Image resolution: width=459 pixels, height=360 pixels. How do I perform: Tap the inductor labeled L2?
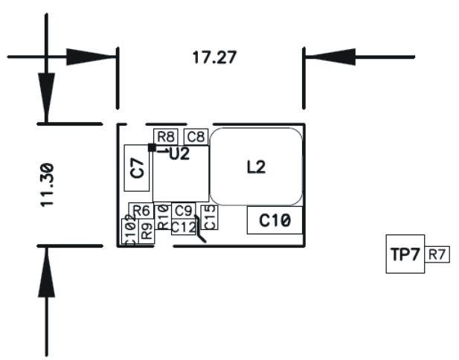point(256,167)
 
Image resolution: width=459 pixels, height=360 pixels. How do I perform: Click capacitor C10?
point(275,220)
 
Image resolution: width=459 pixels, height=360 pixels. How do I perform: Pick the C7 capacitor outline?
point(138,167)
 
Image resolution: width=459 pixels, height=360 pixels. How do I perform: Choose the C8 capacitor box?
point(196,136)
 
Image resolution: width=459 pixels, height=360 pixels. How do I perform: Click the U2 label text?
point(179,155)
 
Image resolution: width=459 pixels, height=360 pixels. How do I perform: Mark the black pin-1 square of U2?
point(152,148)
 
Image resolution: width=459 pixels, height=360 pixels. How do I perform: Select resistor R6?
point(142,210)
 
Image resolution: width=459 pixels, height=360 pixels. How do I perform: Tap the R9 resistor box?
point(147,230)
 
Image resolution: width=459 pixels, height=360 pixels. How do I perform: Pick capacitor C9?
point(184,210)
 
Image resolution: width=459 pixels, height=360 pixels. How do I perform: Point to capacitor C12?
point(184,226)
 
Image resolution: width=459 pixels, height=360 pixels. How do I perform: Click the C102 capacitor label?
point(129,230)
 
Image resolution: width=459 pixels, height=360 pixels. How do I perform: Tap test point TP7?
point(405,254)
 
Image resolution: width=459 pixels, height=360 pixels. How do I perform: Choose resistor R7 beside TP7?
point(437,255)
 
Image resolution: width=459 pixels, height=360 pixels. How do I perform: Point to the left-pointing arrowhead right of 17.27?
point(320,57)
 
